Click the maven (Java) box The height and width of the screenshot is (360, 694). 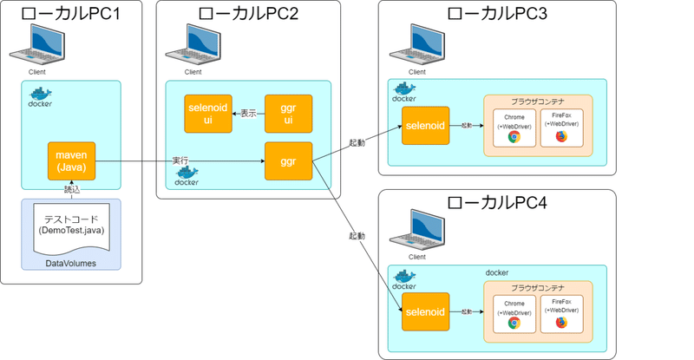coord(71,161)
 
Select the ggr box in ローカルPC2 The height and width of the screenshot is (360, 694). coord(287,161)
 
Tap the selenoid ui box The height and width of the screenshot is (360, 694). coord(208,114)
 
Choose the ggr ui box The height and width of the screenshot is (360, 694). coord(287,114)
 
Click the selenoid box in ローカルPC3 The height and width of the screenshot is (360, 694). coord(425,126)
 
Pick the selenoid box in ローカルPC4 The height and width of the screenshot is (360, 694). coord(425,311)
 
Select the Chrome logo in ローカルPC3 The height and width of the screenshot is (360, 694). coord(514,137)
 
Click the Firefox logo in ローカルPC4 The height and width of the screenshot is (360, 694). coord(561,322)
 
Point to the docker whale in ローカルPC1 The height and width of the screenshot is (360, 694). coord(40,94)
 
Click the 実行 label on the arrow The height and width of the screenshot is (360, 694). coord(180,161)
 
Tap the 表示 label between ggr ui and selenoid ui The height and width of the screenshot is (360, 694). coord(248,114)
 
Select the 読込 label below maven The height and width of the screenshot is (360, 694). coord(71,188)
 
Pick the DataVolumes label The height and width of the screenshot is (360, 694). coord(71,262)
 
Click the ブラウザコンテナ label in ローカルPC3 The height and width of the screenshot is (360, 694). coord(537,101)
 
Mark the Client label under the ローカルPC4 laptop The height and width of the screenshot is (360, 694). coord(416,257)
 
